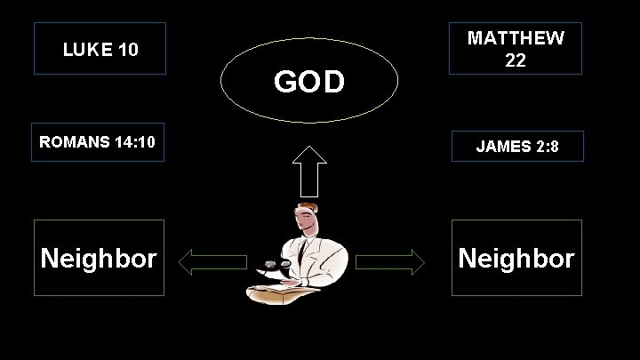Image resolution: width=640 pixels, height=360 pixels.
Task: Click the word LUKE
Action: coord(84,49)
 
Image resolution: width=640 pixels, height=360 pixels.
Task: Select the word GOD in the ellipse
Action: coord(308,82)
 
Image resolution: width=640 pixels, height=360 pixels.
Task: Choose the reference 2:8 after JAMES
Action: coord(548,147)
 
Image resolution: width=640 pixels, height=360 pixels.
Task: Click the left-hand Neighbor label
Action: coord(99,258)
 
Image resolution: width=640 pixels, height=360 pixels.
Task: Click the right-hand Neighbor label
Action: coord(516,258)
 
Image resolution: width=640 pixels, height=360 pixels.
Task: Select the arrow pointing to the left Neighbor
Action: coord(212,261)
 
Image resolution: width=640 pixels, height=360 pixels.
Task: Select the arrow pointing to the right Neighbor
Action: coord(391,261)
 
